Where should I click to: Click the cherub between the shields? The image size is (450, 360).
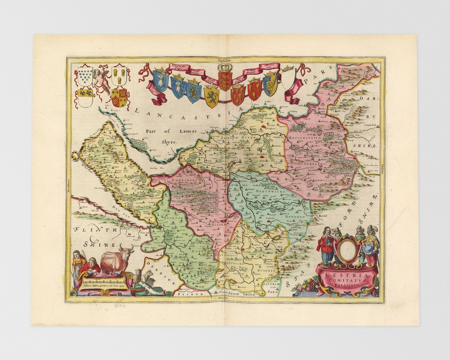101,79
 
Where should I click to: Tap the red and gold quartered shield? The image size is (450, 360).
119,97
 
